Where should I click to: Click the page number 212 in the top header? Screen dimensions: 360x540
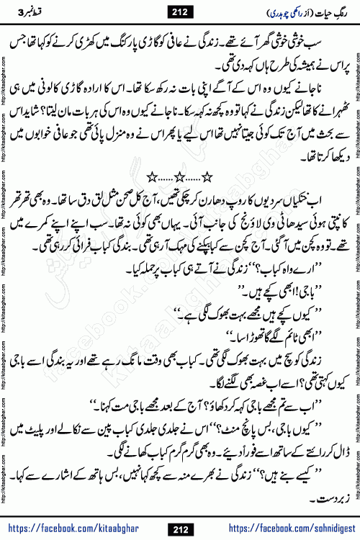tap(181, 10)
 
